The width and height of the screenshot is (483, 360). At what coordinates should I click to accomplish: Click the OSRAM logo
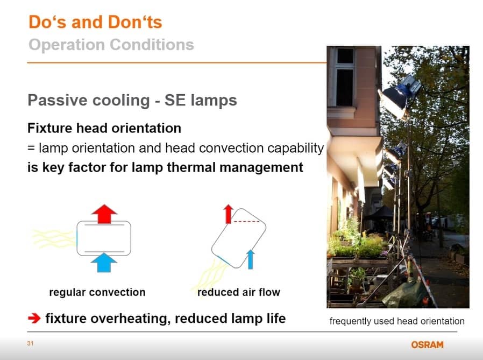pos(427,344)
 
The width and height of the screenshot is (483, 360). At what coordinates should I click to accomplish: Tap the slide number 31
pos(30,343)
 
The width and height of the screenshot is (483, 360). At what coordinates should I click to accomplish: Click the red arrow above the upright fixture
pos(104,214)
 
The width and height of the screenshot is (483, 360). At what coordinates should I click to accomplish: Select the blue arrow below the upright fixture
pos(104,263)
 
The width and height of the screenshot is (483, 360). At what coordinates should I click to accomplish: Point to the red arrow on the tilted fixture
pos(228,214)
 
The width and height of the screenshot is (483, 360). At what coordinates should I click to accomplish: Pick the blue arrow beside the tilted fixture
pos(251,259)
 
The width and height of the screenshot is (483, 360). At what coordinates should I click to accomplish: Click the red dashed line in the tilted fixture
pos(246,221)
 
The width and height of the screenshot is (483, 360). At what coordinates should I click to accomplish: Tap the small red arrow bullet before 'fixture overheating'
pos(34,318)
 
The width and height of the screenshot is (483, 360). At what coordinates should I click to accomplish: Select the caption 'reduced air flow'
pos(239,292)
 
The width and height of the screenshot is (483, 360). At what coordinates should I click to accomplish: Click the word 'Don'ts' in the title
pos(135,22)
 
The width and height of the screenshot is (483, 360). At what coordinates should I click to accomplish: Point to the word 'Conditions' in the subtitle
pos(152,45)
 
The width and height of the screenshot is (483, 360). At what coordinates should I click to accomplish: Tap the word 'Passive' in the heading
pos(58,100)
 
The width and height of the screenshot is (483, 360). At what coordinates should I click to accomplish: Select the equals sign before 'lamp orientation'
pos(31,148)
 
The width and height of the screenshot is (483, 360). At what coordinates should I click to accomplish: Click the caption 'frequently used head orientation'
pos(397,321)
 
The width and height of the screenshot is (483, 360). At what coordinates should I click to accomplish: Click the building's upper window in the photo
pos(344,76)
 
